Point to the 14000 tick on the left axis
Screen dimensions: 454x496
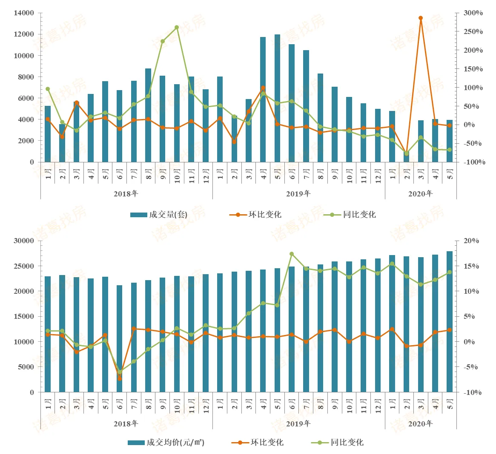coord(24,13)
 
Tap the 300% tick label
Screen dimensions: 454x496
coord(473,13)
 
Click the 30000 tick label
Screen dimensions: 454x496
coord(24,241)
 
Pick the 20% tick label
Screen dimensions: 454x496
coord(471,241)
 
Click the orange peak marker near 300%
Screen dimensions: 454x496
coord(420,18)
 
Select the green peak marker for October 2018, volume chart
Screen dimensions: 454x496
coord(177,27)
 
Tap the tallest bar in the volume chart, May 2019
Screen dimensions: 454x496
coord(277,98)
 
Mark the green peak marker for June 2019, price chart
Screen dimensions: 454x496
coord(292,254)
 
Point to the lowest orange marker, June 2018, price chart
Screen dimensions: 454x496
coord(120,378)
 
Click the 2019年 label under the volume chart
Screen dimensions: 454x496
coord(298,194)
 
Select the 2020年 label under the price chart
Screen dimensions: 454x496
coord(420,424)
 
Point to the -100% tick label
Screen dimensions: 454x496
coord(474,162)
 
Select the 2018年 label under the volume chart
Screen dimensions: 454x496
coord(126,194)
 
